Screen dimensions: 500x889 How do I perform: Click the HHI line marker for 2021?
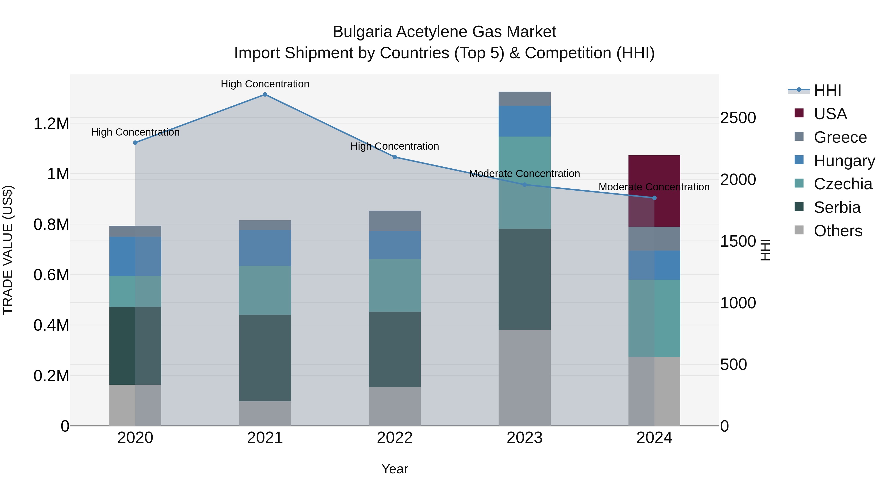tap(265, 95)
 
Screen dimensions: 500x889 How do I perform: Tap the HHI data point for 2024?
tap(654, 198)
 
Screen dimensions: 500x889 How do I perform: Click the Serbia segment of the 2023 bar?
tap(525, 279)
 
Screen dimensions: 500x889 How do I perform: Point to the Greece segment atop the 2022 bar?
tap(395, 221)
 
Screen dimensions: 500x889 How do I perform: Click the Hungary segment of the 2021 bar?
tap(265, 248)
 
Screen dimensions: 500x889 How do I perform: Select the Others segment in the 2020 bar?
tap(135, 405)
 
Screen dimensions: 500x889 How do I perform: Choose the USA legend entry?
tap(830, 114)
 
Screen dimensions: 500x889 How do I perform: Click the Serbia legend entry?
tap(837, 207)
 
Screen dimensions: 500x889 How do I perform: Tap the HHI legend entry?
tap(827, 90)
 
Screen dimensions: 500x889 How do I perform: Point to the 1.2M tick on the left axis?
tap(51, 123)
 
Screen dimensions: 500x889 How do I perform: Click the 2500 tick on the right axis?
tap(738, 118)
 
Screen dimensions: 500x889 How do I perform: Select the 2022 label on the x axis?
tap(395, 438)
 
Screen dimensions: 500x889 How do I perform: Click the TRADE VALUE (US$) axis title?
tap(8, 250)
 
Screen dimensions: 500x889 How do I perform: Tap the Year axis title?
tap(395, 469)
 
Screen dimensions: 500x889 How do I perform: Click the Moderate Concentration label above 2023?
tap(524, 174)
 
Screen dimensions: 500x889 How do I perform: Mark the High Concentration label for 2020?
tap(135, 132)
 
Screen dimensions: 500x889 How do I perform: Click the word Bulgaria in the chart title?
tap(362, 32)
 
